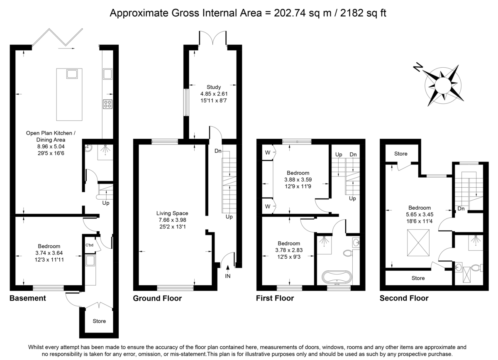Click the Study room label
[214, 87]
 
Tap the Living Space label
[172, 213]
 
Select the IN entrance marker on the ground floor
[228, 276]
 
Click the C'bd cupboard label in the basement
[89, 245]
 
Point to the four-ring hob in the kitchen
[107, 104]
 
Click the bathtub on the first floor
[337, 277]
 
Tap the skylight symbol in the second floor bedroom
[418, 243]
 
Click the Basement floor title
[28, 298]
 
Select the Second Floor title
[404, 298]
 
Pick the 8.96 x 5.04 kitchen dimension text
[51, 147]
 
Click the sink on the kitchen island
[72, 74]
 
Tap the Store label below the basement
[99, 321]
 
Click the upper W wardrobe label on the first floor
[268, 152]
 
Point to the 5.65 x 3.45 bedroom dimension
[420, 215]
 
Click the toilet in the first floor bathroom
[348, 253]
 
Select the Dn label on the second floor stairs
[461, 208]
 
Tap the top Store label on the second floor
[401, 154]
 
